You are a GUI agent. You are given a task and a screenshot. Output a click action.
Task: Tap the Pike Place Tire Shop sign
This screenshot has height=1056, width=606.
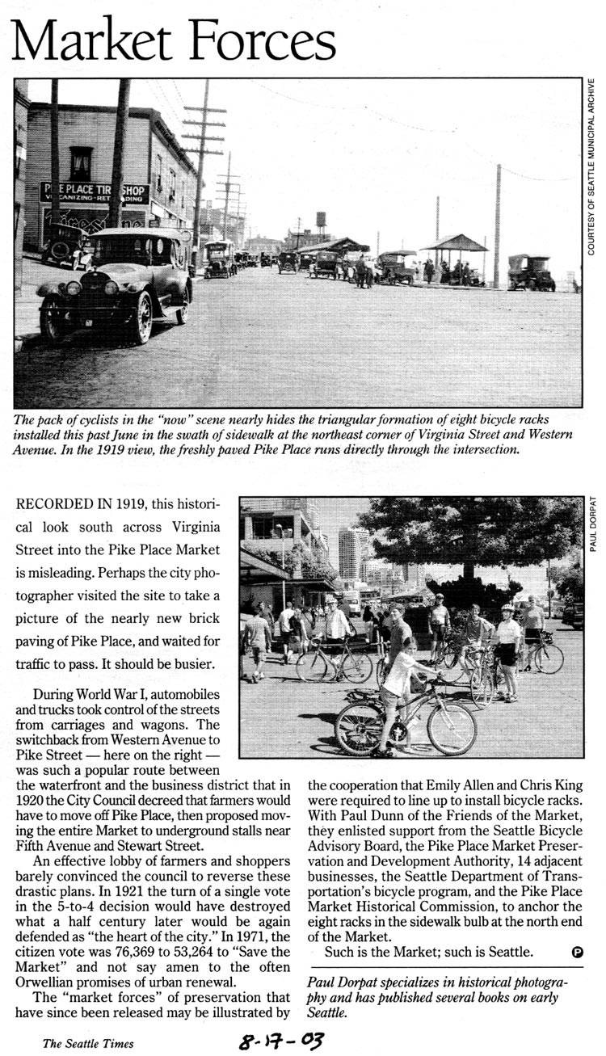(x=95, y=192)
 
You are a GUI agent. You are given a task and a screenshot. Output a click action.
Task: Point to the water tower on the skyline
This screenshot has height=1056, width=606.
(x=322, y=221)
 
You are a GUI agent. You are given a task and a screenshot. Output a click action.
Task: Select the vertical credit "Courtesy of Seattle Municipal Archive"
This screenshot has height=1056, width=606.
(x=591, y=166)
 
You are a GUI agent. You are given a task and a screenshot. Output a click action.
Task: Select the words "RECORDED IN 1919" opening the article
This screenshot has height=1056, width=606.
(x=78, y=503)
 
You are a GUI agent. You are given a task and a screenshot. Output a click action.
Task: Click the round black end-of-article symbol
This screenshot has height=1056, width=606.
(x=577, y=952)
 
